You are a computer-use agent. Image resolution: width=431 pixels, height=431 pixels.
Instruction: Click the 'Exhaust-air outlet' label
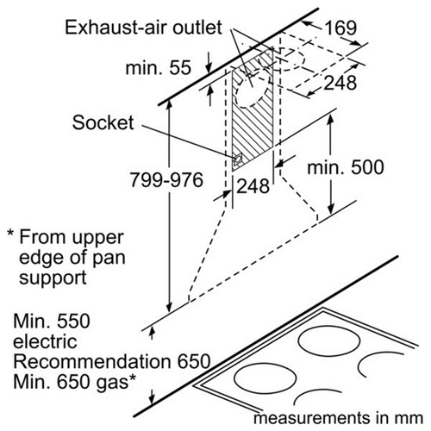tap(143, 28)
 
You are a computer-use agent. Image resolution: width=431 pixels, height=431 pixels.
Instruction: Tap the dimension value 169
tap(340, 28)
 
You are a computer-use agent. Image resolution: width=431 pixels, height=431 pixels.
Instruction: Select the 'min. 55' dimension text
tap(159, 68)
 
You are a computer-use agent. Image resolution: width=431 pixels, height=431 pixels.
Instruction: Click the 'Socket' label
tap(103, 122)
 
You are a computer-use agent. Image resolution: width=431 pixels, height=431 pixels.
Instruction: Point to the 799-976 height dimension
tap(166, 180)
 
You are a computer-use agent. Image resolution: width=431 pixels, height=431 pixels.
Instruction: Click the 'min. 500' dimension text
tap(346, 167)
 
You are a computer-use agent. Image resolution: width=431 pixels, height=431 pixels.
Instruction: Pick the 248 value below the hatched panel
tap(253, 186)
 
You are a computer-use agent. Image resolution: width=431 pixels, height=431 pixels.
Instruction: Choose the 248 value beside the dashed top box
tap(340, 83)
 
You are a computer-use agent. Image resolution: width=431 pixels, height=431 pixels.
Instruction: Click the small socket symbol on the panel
tap(238, 159)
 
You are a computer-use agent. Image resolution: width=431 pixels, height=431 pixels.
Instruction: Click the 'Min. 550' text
tap(52, 321)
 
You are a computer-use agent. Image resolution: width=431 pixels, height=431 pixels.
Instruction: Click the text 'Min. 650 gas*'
tap(74, 382)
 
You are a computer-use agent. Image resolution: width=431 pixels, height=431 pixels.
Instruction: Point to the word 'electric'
tap(45, 341)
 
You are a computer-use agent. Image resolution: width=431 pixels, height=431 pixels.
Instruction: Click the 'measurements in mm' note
tap(338, 418)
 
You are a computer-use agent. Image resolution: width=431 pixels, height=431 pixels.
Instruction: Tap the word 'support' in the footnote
tap(53, 278)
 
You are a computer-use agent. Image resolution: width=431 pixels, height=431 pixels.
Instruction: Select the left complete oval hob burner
tap(265, 378)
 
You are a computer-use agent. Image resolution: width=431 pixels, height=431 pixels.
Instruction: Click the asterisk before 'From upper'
tap(10, 233)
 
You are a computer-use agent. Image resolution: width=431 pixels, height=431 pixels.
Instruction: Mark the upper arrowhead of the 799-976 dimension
tap(169, 104)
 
